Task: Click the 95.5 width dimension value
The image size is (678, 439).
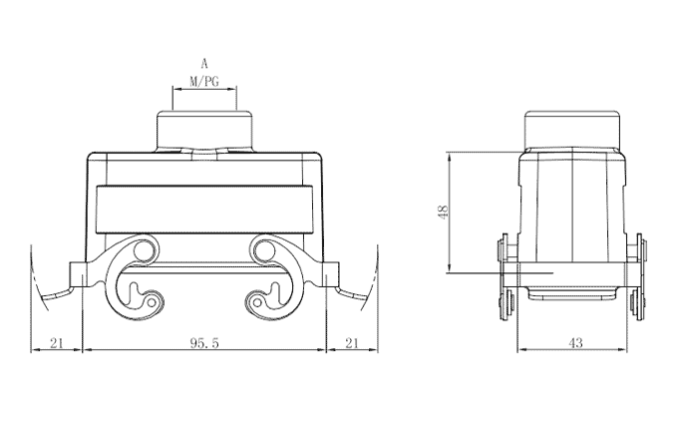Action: coord(204,343)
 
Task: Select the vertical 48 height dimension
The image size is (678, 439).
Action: coord(443,211)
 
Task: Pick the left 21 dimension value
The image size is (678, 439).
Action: coord(57,343)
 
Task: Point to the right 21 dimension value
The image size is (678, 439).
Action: coord(351,343)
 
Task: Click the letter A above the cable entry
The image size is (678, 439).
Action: coord(204,63)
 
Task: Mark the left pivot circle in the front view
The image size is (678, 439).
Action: coord(145,247)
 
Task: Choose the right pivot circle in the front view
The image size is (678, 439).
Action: coord(264,247)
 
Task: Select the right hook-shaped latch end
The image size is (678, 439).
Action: coord(262,297)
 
